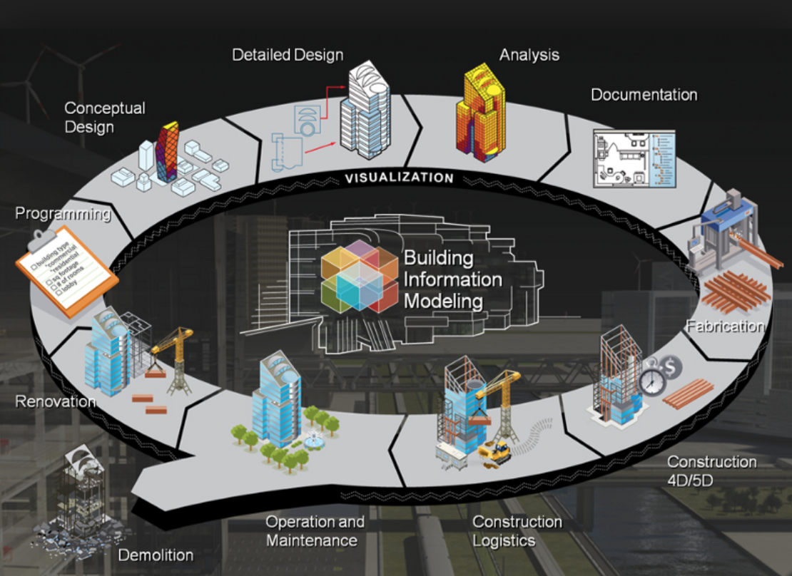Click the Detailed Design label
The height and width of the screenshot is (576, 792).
click(288, 55)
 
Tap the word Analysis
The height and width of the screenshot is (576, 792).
click(529, 55)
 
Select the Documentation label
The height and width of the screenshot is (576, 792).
click(644, 95)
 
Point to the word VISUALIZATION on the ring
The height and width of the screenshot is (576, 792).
click(399, 178)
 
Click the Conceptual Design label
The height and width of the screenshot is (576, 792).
click(104, 118)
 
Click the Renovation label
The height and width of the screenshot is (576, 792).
click(56, 401)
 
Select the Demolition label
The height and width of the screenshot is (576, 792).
click(156, 555)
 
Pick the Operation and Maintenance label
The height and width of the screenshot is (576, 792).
click(315, 531)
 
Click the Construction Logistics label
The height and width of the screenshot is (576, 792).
click(517, 531)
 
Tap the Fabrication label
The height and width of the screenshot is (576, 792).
click(724, 326)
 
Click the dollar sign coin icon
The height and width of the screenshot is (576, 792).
click(670, 367)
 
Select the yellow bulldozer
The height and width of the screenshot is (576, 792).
click(494, 451)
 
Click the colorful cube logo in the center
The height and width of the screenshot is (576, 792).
click(359, 276)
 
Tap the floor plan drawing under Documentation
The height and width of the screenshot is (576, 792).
click(634, 159)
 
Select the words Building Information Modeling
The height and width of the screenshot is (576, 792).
click(452, 279)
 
